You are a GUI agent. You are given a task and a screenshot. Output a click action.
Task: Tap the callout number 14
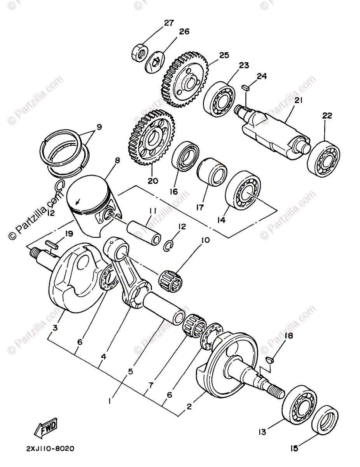221,220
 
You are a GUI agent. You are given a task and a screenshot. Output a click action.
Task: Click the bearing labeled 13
300,403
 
